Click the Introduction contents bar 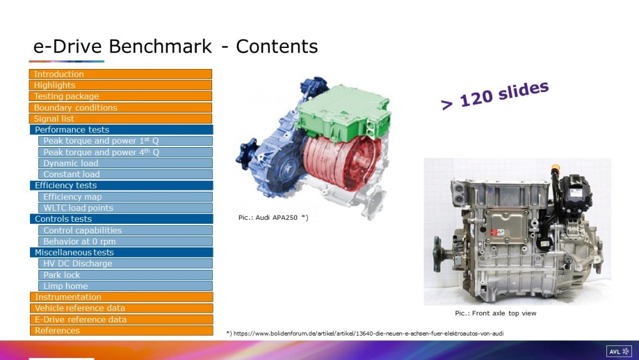coord(120,74)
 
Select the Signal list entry coord(120,119)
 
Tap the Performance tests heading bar coord(121,130)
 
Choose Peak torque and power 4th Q coord(125,152)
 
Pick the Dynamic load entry coord(125,163)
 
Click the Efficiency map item coord(125,196)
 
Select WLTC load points coord(125,208)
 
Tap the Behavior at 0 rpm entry coord(125,241)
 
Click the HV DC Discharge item coord(125,263)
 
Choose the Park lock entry coord(125,275)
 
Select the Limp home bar coord(125,286)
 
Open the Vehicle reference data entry coord(121,308)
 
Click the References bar coord(121,331)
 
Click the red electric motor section coord(343,163)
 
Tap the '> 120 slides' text coord(495,95)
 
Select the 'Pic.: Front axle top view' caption coord(496,313)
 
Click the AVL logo coord(619,352)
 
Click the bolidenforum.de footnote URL coord(369,334)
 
